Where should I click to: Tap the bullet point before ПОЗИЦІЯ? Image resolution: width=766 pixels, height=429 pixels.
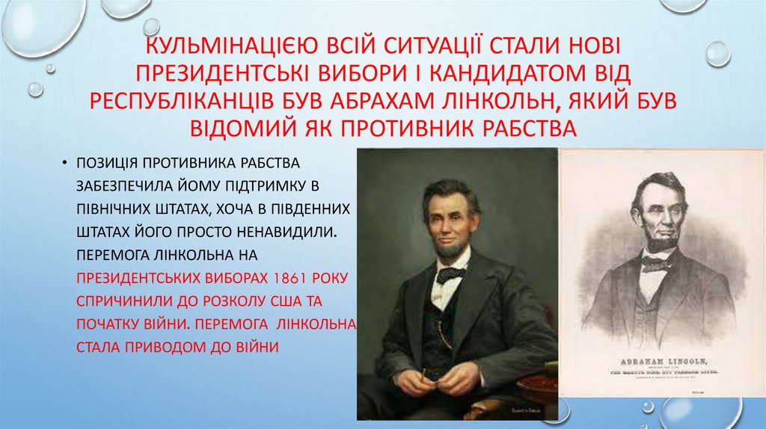pos(67,162)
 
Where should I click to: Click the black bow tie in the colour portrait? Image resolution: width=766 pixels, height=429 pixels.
pos(450,274)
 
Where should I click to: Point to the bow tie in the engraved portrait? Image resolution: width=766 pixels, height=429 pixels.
pos(655,264)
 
